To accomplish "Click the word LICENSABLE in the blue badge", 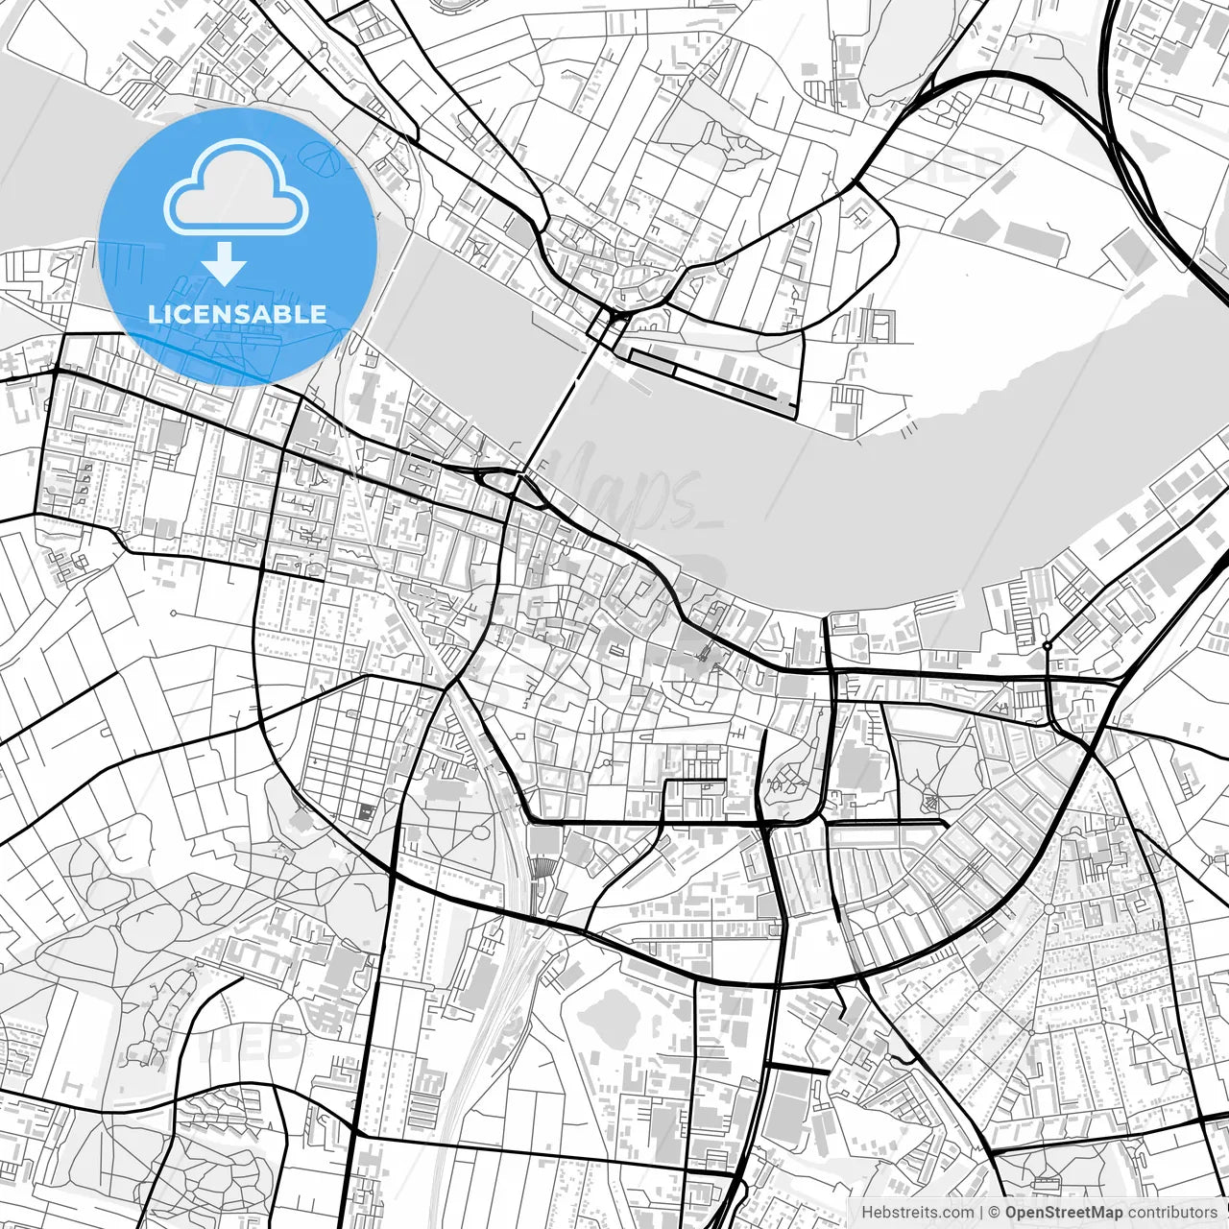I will click(x=237, y=314).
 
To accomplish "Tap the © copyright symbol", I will click(x=994, y=1213).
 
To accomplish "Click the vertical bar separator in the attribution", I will click(x=979, y=1213).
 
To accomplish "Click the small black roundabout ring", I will click(x=1047, y=646).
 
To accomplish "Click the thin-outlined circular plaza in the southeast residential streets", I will click(x=1048, y=907).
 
